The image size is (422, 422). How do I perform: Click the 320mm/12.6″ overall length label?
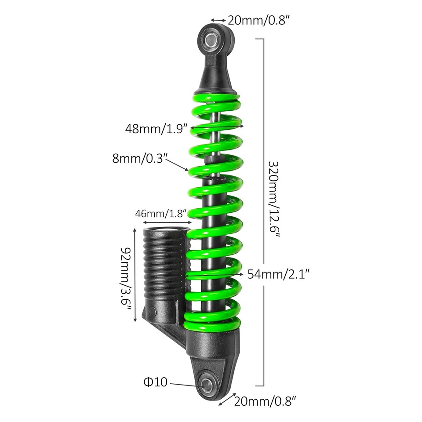274,200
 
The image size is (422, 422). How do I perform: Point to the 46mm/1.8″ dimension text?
161,214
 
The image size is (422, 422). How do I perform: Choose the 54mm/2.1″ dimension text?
279,274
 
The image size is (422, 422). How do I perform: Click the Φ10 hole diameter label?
155,382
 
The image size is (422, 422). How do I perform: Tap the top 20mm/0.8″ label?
258,20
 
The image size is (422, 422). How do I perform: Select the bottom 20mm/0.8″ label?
264,400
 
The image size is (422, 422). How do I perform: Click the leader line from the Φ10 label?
185,384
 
